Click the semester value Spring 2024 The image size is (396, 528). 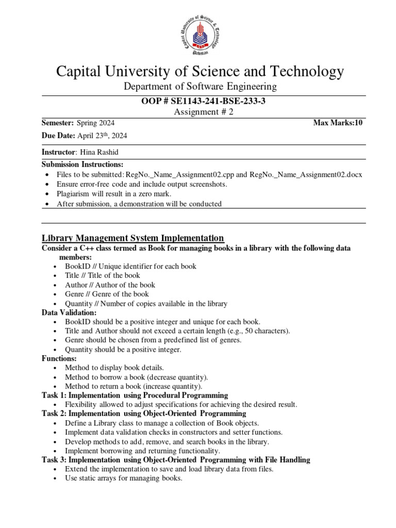(x=96, y=123)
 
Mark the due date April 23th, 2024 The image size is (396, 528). (x=102, y=136)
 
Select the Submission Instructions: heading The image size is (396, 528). (x=82, y=164)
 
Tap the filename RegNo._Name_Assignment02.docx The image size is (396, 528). (x=306, y=174)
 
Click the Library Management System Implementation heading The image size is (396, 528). (x=133, y=238)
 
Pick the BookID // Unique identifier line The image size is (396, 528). (x=130, y=266)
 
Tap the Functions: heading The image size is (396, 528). (x=59, y=358)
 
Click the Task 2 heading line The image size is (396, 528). (x=144, y=414)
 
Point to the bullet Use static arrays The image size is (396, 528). (x=124, y=478)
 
